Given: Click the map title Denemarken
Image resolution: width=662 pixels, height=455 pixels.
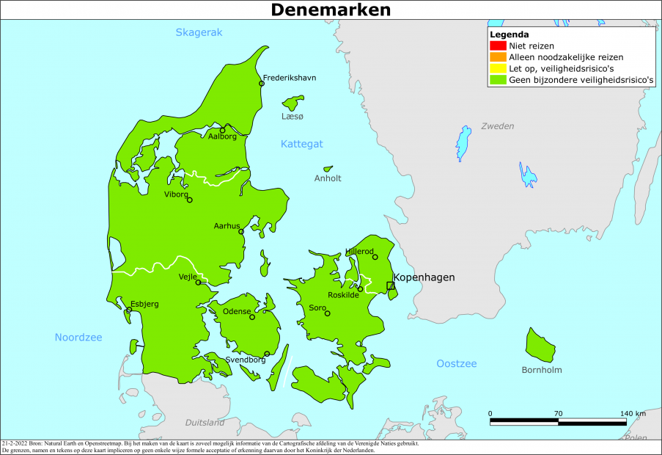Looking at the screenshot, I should point(331,10).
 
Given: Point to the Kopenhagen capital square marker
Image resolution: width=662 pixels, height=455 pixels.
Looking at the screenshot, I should point(390,286).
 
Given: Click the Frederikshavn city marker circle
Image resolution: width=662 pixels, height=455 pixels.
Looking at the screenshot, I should point(262,84).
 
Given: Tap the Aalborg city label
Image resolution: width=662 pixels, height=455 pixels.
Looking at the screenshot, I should point(222,136).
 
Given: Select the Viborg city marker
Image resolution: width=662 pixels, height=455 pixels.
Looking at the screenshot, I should point(190,200).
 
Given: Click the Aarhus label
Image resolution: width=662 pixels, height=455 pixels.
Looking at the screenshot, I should point(227,226).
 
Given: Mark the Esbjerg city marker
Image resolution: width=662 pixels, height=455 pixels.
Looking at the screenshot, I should point(129,310).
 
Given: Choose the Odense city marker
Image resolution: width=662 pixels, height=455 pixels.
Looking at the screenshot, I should point(252,317).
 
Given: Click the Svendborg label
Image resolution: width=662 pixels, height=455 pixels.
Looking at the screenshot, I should point(246,360).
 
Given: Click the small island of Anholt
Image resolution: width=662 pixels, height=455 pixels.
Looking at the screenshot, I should point(328,168).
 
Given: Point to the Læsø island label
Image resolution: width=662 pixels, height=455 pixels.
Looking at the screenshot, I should point(292,117).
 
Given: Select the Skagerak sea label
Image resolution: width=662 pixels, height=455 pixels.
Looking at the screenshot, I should point(199,32).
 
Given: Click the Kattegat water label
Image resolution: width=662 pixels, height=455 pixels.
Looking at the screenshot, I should point(301,144).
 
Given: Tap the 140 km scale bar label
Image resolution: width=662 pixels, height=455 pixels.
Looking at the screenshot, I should point(632,413).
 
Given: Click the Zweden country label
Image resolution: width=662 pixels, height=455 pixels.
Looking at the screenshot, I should point(497,126).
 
